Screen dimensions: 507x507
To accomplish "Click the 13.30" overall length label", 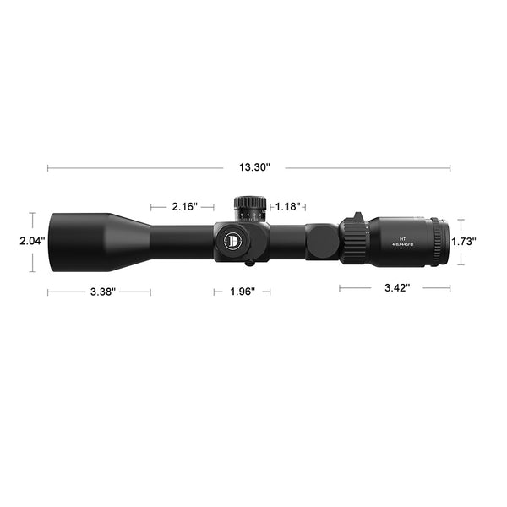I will pyautogui.click(x=253, y=167).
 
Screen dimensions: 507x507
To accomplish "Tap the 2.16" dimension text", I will pyautogui.click(x=184, y=206).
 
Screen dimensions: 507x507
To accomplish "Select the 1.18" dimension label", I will pyautogui.click(x=288, y=206).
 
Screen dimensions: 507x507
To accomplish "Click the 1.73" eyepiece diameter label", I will pyautogui.click(x=464, y=241).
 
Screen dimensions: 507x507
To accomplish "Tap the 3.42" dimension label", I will pyautogui.click(x=397, y=288).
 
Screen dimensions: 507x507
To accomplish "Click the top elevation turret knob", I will pyautogui.click(x=251, y=207).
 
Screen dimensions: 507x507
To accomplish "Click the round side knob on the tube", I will pyautogui.click(x=321, y=241).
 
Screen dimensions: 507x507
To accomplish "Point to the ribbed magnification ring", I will pyautogui.click(x=353, y=241).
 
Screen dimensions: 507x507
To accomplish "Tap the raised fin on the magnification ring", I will pyautogui.click(x=358, y=217).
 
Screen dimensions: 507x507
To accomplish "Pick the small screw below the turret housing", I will pyautogui.click(x=251, y=263).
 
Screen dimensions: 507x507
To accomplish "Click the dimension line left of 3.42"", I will pyautogui.click(x=359, y=288).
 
